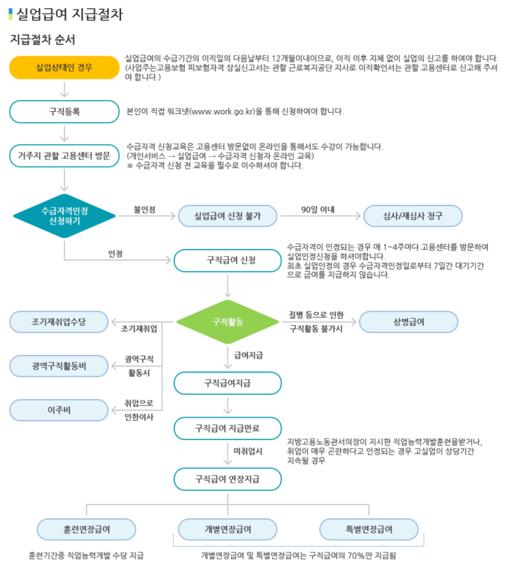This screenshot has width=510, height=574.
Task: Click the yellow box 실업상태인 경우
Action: coord(64,68)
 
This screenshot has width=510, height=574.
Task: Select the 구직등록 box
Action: coord(64,112)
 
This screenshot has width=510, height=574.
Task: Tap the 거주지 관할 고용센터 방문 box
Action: coord(64,156)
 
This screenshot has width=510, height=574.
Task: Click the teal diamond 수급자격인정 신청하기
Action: coord(64,216)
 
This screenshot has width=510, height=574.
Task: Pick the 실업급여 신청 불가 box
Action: coord(228,216)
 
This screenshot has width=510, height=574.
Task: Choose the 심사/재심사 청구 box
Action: coord(412,216)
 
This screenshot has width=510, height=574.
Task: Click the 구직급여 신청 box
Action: coord(228,261)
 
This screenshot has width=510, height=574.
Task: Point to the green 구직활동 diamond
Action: coord(228,322)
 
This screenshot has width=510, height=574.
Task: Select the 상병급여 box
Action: coord(408,322)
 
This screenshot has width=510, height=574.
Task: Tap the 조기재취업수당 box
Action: coord(59,322)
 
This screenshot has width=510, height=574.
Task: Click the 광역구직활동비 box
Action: coord(59,366)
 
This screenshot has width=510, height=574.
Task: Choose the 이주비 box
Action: coord(59,410)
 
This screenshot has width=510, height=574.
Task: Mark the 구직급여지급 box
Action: coord(228,383)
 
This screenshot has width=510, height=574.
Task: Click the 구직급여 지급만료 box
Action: coord(228,429)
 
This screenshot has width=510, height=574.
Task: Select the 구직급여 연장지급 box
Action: coord(228,479)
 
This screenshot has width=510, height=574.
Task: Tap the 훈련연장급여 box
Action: coord(86,529)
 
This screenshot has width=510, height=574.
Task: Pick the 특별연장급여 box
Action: coord(368,529)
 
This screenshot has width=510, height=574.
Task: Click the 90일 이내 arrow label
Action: coord(318,209)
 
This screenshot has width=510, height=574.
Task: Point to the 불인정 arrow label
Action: coord(145,209)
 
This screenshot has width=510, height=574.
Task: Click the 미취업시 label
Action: coord(248,452)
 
